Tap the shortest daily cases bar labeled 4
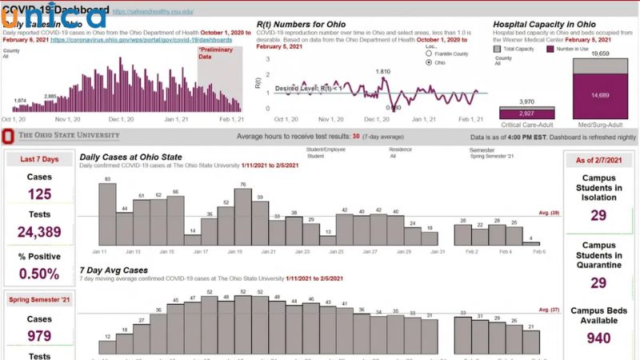click(531, 243)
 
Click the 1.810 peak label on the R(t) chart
click(383, 71)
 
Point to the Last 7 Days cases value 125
click(39, 194)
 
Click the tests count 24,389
click(39, 233)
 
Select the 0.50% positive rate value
click(39, 273)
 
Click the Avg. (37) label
click(548, 309)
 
